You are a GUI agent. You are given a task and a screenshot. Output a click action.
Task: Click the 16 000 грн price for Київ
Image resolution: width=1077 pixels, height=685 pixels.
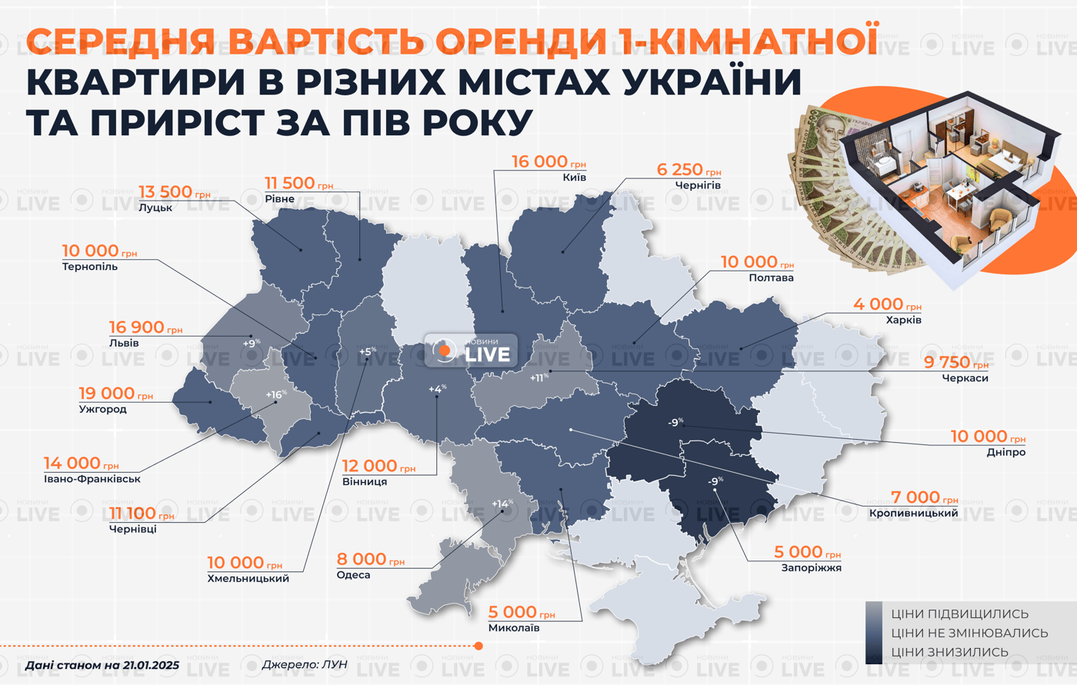[x=548, y=161]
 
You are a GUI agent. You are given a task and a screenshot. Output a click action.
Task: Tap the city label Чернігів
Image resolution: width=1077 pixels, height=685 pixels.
[x=698, y=185]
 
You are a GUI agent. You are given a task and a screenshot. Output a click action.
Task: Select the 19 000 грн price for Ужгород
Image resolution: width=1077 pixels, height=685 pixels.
[x=115, y=394]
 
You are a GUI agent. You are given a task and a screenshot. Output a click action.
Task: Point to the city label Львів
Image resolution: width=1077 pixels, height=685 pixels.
[x=124, y=343]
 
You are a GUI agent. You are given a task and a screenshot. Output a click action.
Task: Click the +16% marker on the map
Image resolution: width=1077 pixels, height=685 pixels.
[x=275, y=394]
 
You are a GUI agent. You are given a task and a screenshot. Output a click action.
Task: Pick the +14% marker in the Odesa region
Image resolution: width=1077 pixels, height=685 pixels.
[x=502, y=504]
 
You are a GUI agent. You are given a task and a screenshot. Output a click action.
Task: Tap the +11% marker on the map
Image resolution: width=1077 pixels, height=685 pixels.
[x=539, y=377]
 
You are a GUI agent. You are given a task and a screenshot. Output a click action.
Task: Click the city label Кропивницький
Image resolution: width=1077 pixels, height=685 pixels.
[x=913, y=513]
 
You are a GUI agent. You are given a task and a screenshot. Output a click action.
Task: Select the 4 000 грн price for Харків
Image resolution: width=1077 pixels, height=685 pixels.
[x=886, y=304]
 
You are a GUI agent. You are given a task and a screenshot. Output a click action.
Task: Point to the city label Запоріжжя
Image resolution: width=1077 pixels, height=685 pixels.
[x=811, y=567]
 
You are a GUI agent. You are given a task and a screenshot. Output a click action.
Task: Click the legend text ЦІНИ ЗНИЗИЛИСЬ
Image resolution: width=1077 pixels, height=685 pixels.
[x=949, y=652]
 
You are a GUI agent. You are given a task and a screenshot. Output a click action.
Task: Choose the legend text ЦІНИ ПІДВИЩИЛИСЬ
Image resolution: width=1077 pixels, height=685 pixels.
[x=959, y=614]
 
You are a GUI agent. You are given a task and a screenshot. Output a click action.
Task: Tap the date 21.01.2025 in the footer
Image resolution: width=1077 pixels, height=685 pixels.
[x=150, y=664]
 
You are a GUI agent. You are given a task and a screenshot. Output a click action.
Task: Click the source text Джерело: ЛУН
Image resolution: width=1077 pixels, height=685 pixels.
[x=305, y=664]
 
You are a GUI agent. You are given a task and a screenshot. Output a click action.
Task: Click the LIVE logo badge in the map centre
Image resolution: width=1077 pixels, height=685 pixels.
[x=471, y=351]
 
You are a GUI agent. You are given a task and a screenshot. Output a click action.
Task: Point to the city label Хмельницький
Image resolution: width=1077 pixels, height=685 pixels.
[x=248, y=578]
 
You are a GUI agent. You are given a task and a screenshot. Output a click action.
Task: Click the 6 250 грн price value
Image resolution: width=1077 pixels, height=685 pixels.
[x=688, y=170]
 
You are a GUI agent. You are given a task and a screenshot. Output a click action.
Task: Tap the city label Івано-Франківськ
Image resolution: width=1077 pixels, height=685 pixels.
[x=92, y=479]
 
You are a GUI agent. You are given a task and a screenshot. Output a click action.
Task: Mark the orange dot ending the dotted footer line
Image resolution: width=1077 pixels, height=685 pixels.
[x=478, y=646]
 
